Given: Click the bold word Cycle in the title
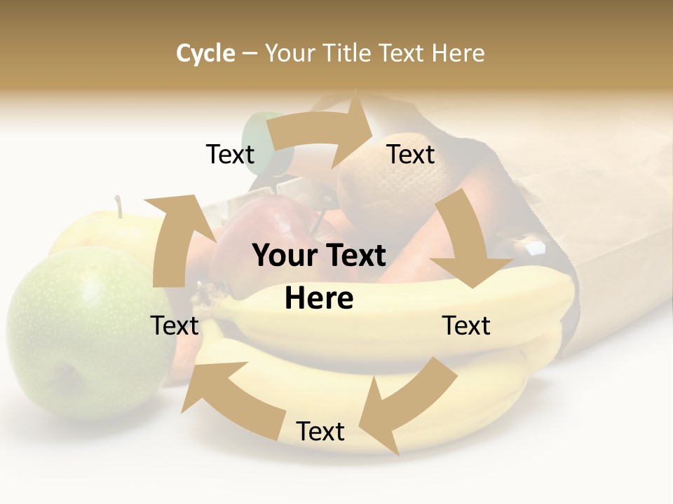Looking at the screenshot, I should click(x=205, y=53).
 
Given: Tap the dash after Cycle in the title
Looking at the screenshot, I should click(x=250, y=54).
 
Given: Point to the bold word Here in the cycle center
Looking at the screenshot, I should click(x=319, y=299).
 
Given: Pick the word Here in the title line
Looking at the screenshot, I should click(x=458, y=53).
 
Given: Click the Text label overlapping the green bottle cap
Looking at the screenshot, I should click(x=231, y=154).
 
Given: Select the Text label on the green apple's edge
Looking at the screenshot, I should click(x=175, y=325).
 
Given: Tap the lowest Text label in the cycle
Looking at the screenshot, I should click(x=320, y=431).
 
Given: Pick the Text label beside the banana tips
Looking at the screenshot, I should click(x=466, y=325).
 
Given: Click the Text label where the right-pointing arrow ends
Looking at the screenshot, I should click(x=411, y=154).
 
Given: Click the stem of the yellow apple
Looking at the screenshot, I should click(x=120, y=206).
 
